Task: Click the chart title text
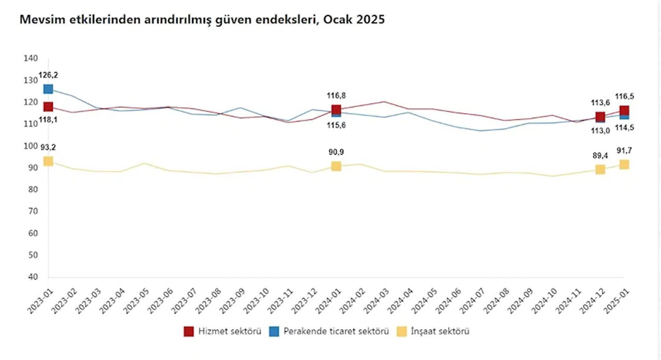coord(202,20)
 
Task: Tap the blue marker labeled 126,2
coord(48,89)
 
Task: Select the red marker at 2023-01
coord(48,107)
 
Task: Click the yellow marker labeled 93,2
coord(48,161)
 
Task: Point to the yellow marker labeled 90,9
coord(336,166)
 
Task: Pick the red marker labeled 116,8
coord(336,109)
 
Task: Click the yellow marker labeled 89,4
coord(600,169)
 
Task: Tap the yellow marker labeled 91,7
coord(624,164)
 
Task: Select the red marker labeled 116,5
coord(624,111)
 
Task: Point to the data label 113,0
coord(600,131)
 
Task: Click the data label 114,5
coord(624,128)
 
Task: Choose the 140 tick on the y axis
coord(31,58)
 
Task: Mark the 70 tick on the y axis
coord(31,211)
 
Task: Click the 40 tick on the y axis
coord(31,277)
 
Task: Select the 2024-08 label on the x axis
coord(495,299)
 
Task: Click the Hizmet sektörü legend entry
coord(223,331)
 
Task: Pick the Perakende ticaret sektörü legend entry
coord(328,331)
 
